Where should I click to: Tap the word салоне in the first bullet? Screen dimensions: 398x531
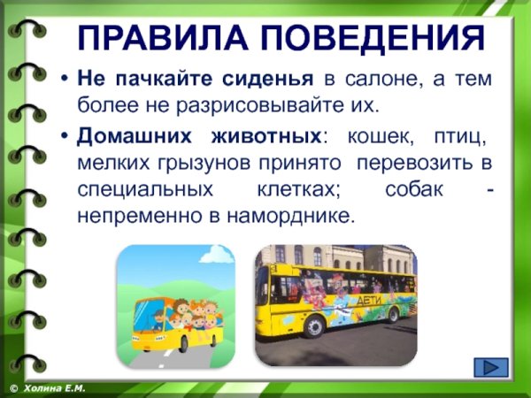(x=372, y=79)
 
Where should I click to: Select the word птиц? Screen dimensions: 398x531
(x=458, y=138)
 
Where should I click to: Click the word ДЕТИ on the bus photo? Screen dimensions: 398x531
(x=365, y=301)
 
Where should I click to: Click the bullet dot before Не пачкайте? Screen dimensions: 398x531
(x=65, y=80)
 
